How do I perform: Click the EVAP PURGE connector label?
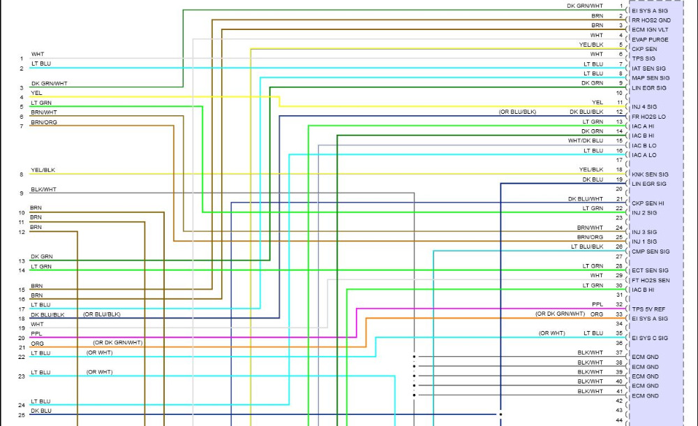click(649, 40)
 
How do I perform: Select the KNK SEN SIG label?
click(650, 174)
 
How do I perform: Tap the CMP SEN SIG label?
click(650, 251)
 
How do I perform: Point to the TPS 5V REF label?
click(648, 309)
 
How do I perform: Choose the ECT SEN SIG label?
click(650, 270)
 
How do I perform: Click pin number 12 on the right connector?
click(619, 112)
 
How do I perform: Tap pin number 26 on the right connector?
click(619, 247)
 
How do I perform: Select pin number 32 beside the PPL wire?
click(619, 304)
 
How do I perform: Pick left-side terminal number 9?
click(22, 193)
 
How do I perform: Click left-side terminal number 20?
click(22, 338)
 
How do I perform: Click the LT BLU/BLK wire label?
click(586, 247)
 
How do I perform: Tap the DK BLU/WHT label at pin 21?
click(586, 198)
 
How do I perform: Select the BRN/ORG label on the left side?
click(44, 122)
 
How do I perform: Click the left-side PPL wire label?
click(36, 334)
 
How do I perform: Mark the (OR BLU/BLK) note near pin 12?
click(517, 112)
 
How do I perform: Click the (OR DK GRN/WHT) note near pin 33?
click(560, 314)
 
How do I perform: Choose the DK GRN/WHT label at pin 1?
click(585, 6)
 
